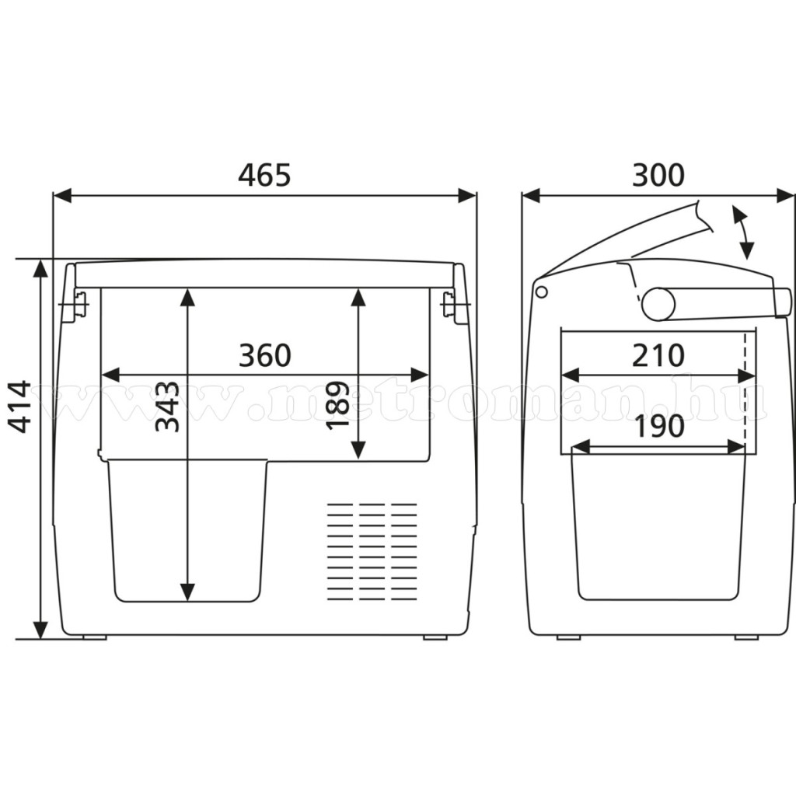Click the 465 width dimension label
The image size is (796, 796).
tap(264, 175)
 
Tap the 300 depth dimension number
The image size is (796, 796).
tap(658, 175)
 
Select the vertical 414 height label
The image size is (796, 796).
tap(22, 406)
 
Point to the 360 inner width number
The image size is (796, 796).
tap(265, 355)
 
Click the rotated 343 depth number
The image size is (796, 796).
tap(167, 406)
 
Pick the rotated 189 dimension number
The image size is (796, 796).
tap(337, 406)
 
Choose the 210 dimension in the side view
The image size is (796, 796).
tap(658, 355)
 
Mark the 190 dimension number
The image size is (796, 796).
tap(659, 427)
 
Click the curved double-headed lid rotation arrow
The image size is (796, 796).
tap(742, 232)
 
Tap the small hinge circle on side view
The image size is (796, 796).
tap(542, 292)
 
